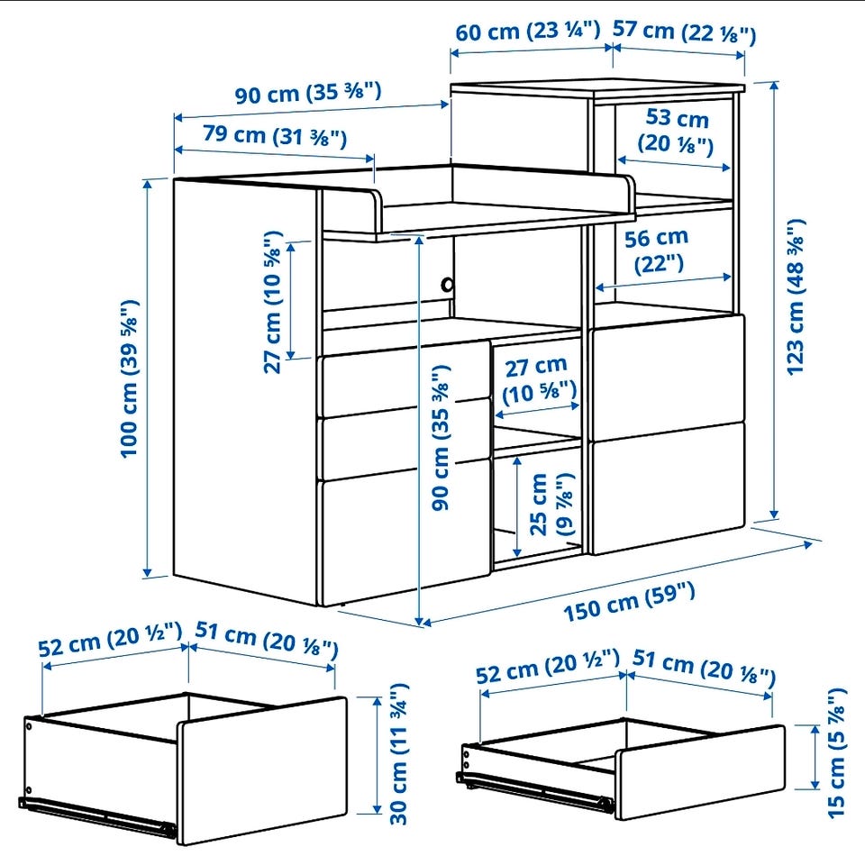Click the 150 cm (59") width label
point(629,602)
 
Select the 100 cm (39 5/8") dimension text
point(130,378)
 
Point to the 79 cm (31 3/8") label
point(275,136)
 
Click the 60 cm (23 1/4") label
point(527,31)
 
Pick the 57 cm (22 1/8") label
point(684,32)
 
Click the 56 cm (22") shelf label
point(657,251)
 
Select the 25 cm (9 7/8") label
point(551,504)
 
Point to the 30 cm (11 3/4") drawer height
point(399,754)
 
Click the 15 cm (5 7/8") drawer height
point(836,752)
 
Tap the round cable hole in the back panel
point(447,286)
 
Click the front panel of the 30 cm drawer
point(263,770)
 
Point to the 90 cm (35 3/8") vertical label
point(442,437)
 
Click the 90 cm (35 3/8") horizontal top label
point(308,93)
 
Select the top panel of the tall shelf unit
point(598,88)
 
